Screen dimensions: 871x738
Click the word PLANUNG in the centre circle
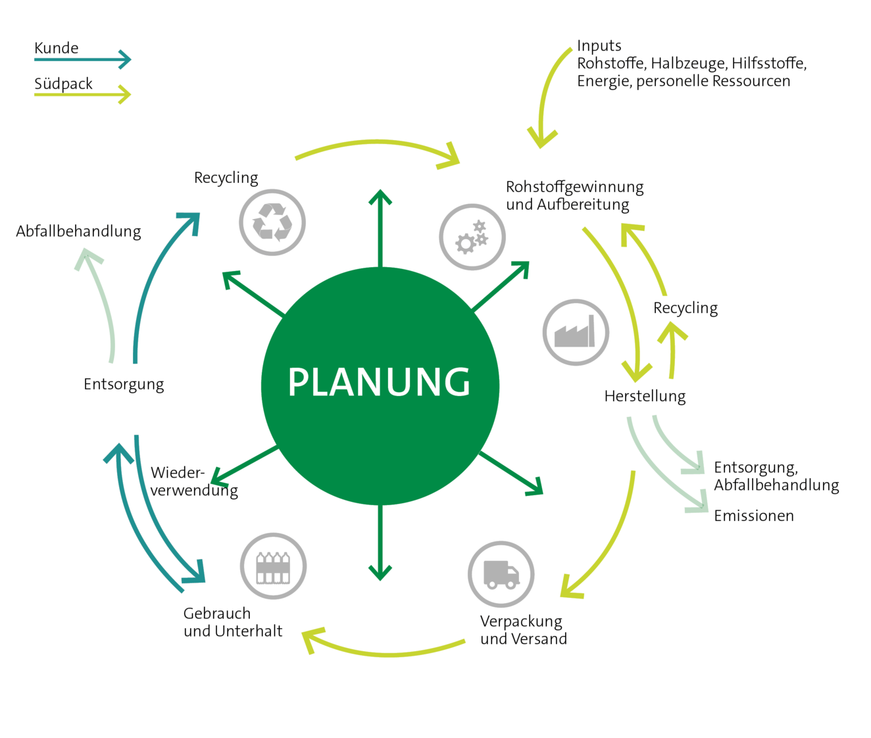pyautogui.click(x=379, y=381)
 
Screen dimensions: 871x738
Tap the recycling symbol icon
pyautogui.click(x=272, y=222)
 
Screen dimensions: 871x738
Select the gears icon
pyautogui.click(x=472, y=237)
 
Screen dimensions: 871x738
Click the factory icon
pyautogui.click(x=576, y=332)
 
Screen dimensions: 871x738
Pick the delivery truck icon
pyautogui.click(x=501, y=574)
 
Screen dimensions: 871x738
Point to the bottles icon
pyautogui.click(x=273, y=566)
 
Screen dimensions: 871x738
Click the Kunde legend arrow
pyautogui.click(x=83, y=59)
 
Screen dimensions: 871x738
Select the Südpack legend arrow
pyautogui.click(x=83, y=95)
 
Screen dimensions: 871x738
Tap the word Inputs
pyautogui.click(x=599, y=45)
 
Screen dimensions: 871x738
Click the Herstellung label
pyautogui.click(x=645, y=397)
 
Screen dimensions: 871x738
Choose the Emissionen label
pyautogui.click(x=754, y=516)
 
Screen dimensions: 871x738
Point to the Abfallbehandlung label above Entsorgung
pyautogui.click(x=78, y=232)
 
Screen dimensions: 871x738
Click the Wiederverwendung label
pyautogui.click(x=194, y=481)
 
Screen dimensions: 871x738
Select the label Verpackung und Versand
pyautogui.click(x=524, y=630)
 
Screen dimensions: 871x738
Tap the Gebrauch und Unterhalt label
pyautogui.click(x=233, y=622)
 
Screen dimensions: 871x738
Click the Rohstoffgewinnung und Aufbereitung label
pyautogui.click(x=575, y=196)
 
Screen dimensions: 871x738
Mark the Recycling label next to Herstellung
pyautogui.click(x=685, y=308)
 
